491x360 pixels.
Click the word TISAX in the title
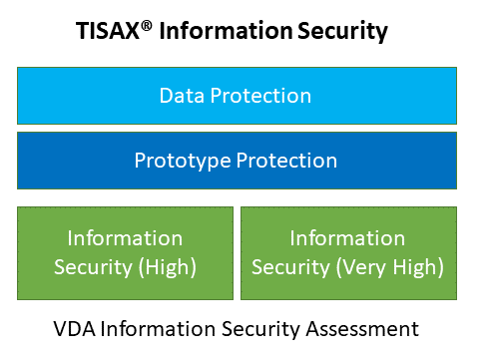click(107, 31)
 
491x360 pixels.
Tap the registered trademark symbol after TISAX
click(147, 26)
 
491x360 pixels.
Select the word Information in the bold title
click(226, 31)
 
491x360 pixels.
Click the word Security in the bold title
click(342, 32)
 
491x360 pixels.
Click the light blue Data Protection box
click(237, 96)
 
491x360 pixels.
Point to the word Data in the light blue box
click(182, 96)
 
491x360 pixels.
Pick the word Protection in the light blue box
click(260, 96)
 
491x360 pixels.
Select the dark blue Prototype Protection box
click(237, 161)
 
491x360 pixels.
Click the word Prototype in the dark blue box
click(183, 162)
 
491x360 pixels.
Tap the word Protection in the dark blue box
click(286, 161)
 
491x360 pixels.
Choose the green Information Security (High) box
click(125, 253)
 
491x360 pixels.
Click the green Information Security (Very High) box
click(348, 253)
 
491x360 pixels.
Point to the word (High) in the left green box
click(168, 267)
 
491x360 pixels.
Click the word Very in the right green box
click(362, 268)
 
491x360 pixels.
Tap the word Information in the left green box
click(125, 238)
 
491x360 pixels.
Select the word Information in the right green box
click(347, 238)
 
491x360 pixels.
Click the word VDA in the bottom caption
click(75, 329)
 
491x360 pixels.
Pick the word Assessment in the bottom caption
click(362, 329)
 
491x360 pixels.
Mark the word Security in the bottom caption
click(260, 330)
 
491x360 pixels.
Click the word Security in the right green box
click(290, 268)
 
